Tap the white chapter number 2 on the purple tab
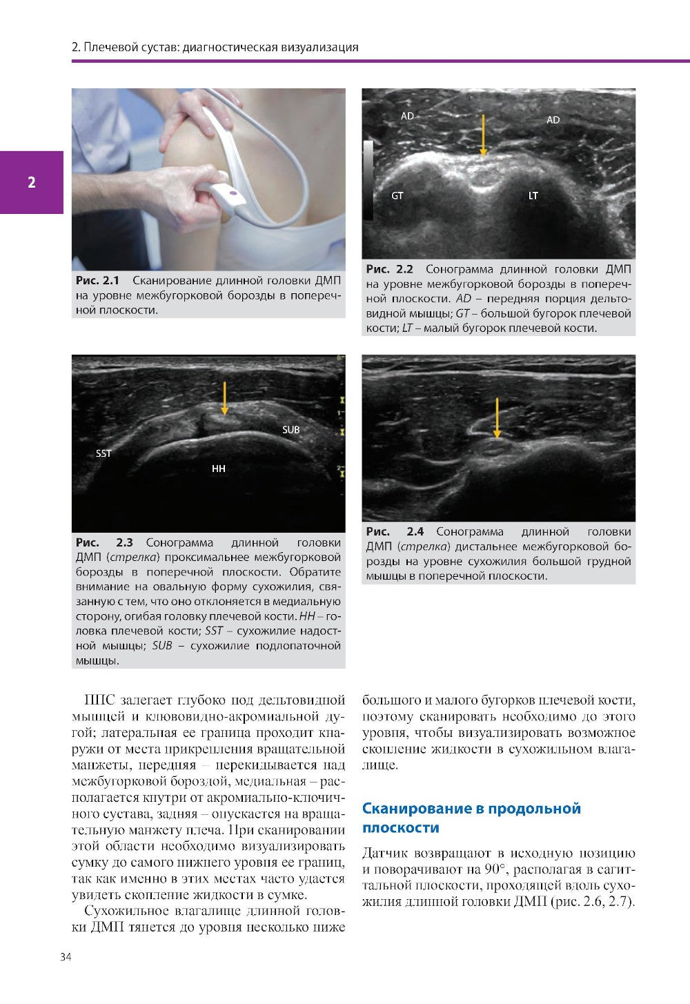[x=31, y=182]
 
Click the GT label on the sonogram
[x=397, y=196]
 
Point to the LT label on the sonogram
[x=533, y=196]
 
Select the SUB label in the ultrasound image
[x=290, y=429]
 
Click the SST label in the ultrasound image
[x=103, y=453]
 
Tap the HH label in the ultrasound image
[x=218, y=469]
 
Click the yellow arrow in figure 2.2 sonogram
[x=483, y=136]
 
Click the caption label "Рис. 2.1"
[x=97, y=281]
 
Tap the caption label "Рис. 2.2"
[x=389, y=269]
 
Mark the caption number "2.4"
[x=415, y=531]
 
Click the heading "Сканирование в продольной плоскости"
[x=471, y=818]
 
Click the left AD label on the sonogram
[x=407, y=116]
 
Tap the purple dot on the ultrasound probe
[x=234, y=195]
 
